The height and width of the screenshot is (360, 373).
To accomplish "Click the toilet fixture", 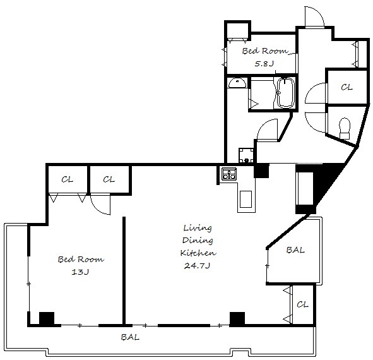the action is [345, 128].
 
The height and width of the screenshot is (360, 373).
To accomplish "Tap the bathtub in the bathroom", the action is [286, 93].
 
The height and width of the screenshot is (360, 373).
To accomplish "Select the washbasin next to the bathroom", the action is [237, 83].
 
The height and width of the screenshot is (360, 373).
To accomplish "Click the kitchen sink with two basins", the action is [229, 174].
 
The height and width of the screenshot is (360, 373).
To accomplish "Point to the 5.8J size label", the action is [264, 64].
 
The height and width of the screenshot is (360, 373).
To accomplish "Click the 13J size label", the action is [80, 272].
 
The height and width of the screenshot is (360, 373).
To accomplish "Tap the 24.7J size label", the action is [197, 265].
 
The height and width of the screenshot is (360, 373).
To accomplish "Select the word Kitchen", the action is [198, 253].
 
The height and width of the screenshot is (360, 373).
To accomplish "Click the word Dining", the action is [198, 240].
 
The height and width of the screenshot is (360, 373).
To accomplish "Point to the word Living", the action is [198, 228].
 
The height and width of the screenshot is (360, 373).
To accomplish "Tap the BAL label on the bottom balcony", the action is [130, 337].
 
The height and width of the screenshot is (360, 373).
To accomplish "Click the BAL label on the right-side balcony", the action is [295, 250].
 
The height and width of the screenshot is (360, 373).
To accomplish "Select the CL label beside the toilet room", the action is [346, 87].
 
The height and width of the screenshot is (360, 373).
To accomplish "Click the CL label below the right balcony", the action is [302, 304].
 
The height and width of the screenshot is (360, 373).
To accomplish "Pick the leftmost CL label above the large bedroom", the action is [67, 179].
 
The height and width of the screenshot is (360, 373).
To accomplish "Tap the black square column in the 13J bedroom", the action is [47, 318].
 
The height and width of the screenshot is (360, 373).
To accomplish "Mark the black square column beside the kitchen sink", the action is [261, 171].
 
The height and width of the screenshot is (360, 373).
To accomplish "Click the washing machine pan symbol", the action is [246, 155].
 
